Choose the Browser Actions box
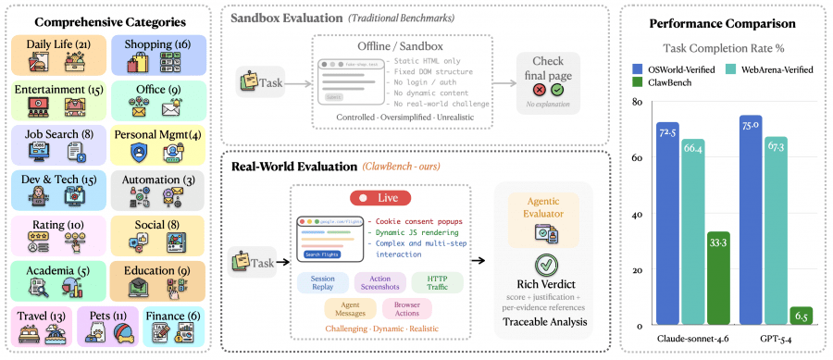coord(408,310)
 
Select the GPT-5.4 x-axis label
coord(776,341)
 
